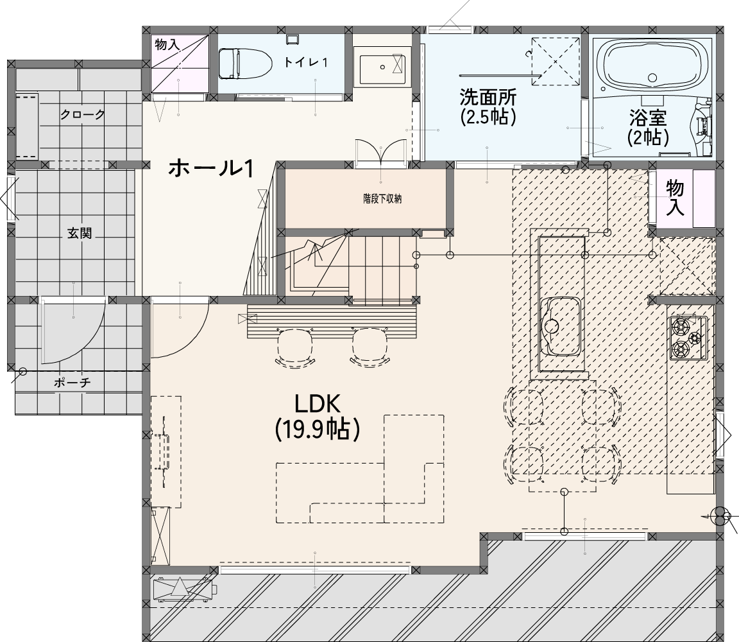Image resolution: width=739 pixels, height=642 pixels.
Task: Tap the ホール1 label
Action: [x=212, y=168]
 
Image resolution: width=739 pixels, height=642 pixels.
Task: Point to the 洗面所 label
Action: [x=488, y=97]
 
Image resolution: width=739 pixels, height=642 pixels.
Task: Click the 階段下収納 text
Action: [x=382, y=199]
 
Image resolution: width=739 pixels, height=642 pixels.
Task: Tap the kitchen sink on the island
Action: [x=560, y=326]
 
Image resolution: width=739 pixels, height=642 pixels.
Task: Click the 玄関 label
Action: [x=79, y=233]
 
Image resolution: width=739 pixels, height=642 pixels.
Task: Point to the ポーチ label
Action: [x=72, y=383]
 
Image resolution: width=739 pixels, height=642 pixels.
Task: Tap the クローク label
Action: [x=83, y=114]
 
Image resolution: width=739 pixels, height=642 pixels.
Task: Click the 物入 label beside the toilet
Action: [x=167, y=46]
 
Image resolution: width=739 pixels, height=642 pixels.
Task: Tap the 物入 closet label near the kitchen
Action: [x=675, y=198]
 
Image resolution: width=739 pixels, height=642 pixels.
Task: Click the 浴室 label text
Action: [x=648, y=117]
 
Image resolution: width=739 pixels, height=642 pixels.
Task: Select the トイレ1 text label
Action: [x=305, y=62]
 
